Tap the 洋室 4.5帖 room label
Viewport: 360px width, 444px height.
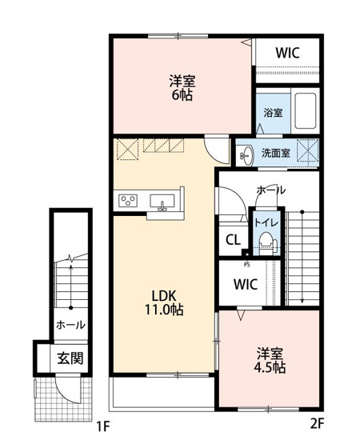[271, 361]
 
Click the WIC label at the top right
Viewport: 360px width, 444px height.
[287, 52]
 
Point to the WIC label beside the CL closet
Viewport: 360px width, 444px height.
[246, 284]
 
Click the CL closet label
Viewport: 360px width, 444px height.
[233, 239]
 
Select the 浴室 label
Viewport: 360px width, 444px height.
[273, 113]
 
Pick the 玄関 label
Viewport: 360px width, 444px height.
[70, 358]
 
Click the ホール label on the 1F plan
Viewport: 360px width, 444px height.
[70, 326]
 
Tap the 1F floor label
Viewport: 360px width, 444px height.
[102, 426]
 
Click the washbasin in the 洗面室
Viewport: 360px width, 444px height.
[247, 154]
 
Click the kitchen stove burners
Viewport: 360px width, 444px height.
[127, 200]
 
